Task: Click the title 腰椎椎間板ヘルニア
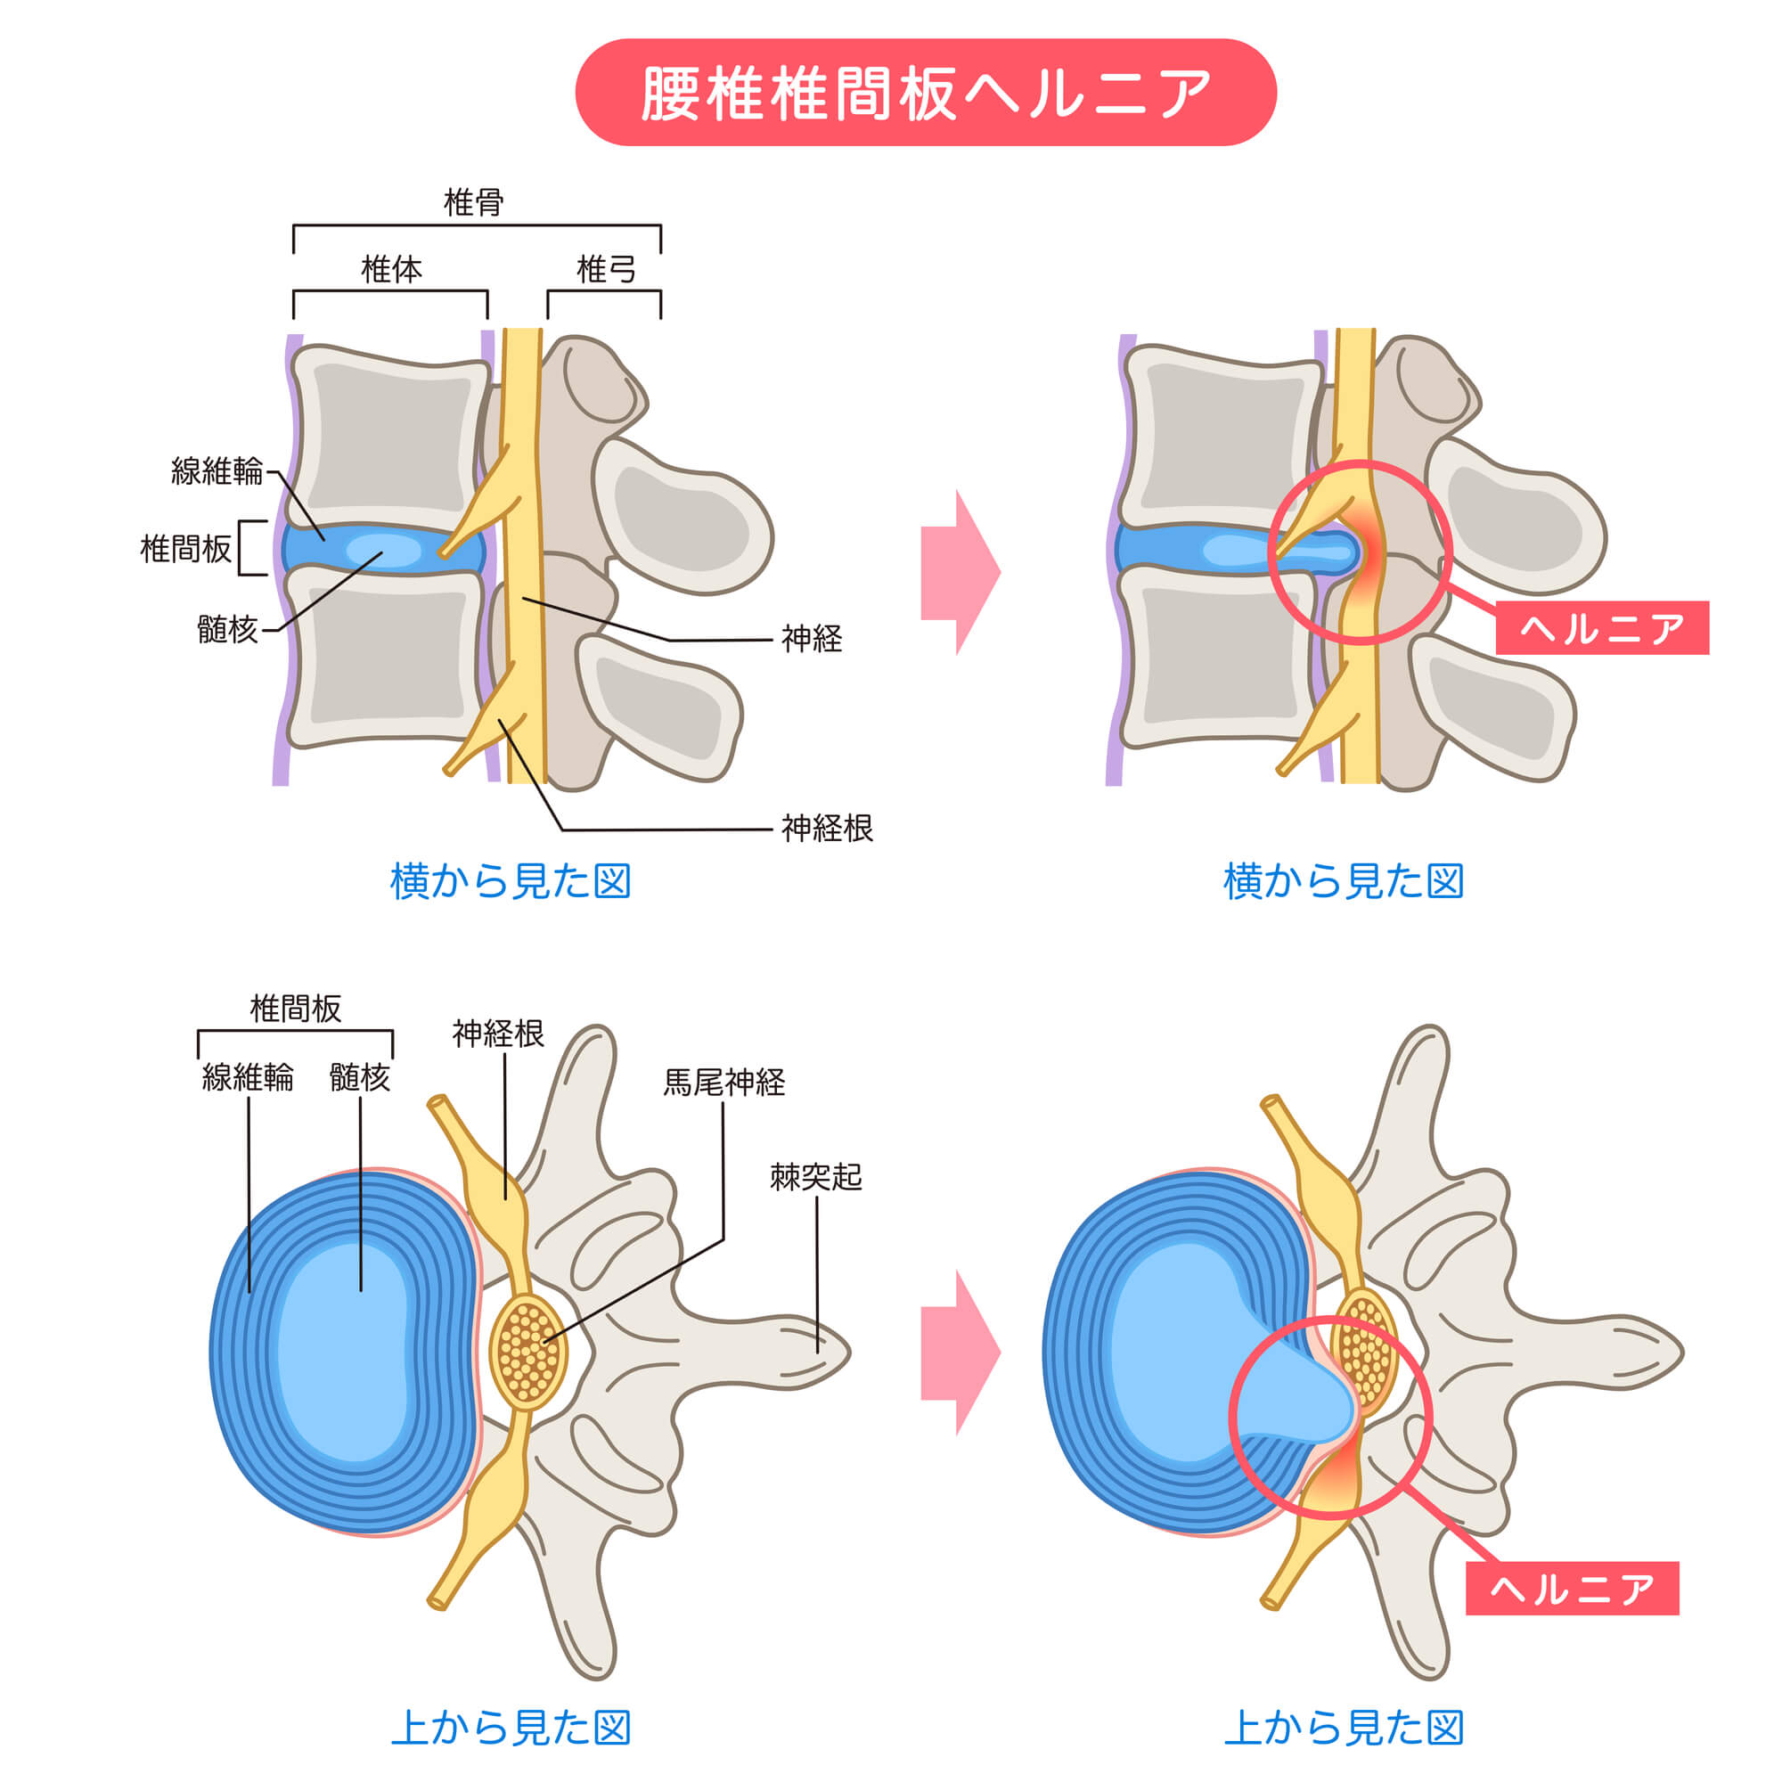tap(925, 94)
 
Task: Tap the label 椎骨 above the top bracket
tap(473, 202)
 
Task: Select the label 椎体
tap(391, 269)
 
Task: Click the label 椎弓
tap(605, 269)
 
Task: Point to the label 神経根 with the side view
tap(827, 828)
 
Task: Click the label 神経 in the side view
tap(812, 638)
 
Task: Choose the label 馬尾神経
tap(724, 1082)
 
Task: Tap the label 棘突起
tap(816, 1177)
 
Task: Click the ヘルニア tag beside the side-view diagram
tap(1601, 628)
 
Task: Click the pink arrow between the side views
tap(960, 572)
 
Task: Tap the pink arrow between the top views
tap(960, 1353)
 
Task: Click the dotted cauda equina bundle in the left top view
tap(527, 1353)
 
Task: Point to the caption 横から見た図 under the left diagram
tap(510, 882)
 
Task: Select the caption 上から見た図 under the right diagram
tap(1343, 1728)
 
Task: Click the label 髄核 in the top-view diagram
tap(360, 1077)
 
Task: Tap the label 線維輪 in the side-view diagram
tap(217, 471)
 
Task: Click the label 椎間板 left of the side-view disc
tap(185, 549)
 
